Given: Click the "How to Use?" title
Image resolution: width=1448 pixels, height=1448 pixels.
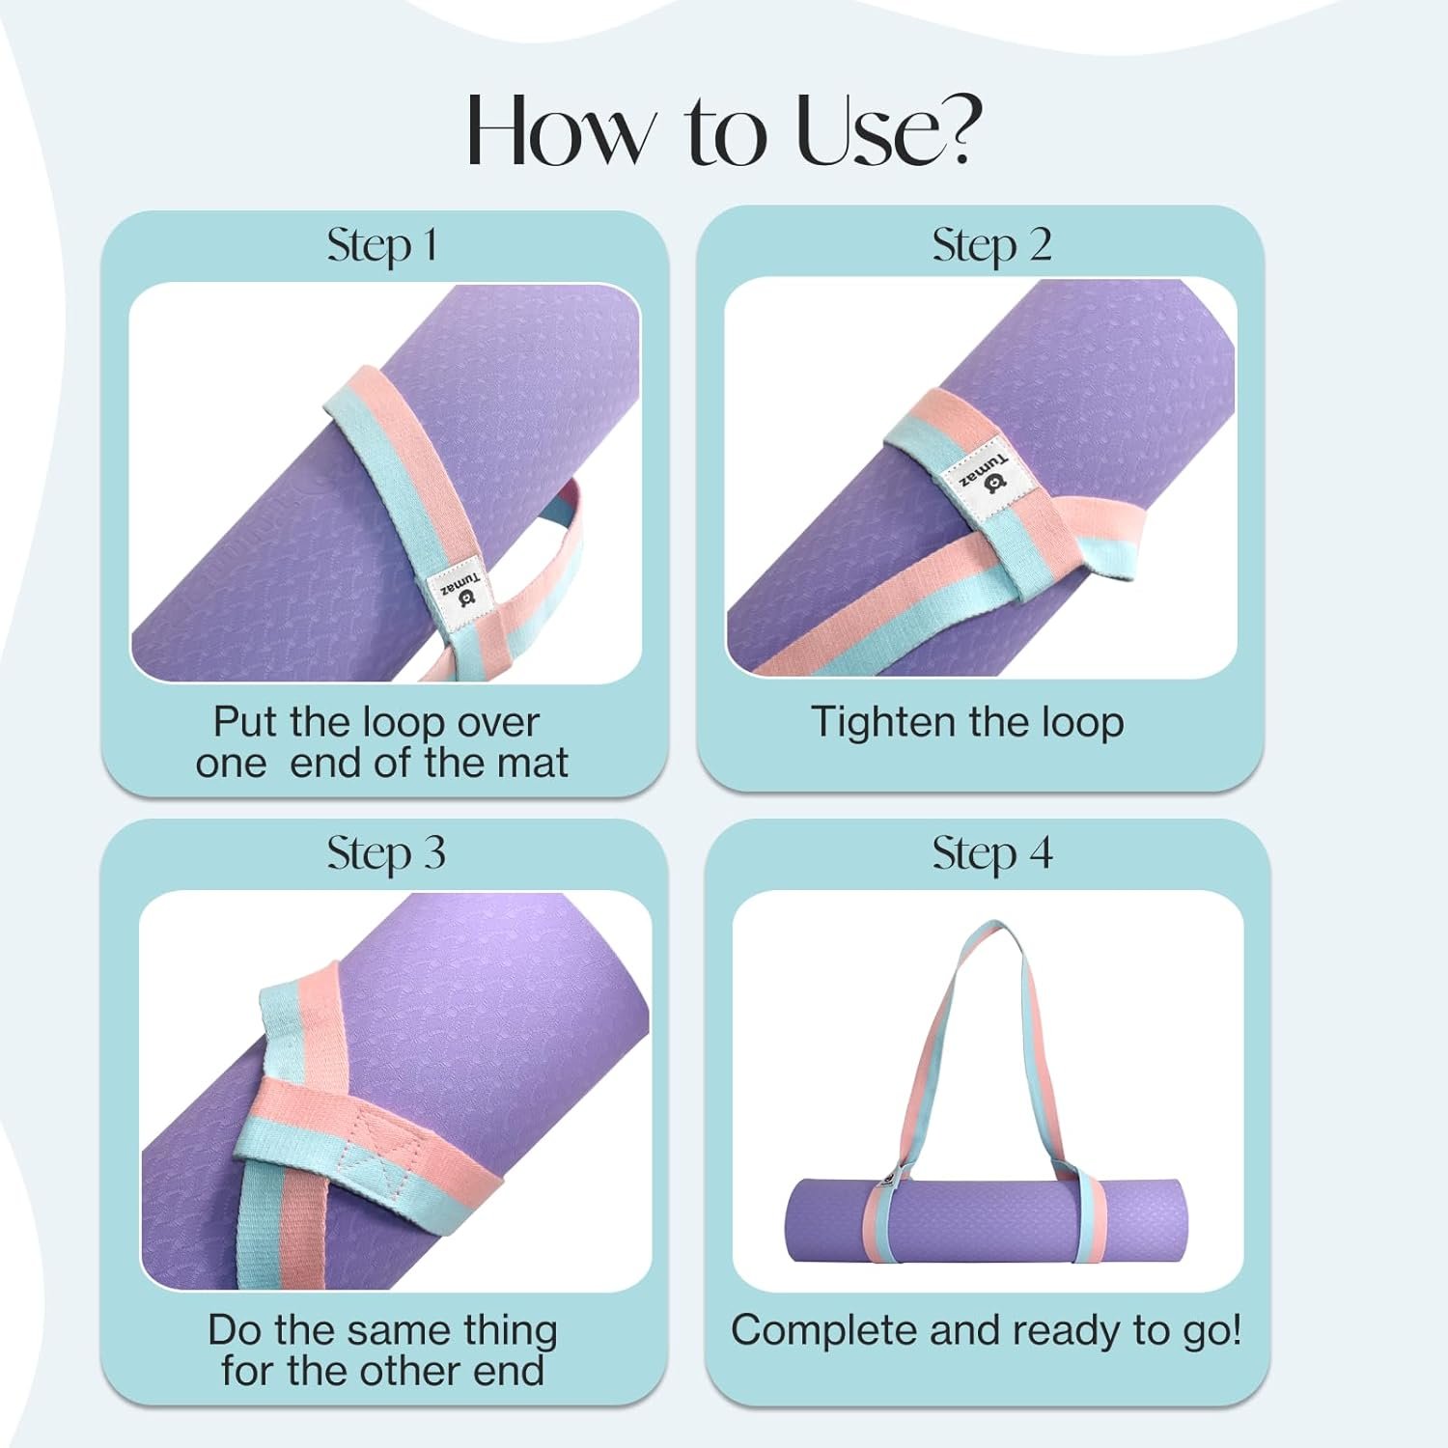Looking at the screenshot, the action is [x=724, y=130].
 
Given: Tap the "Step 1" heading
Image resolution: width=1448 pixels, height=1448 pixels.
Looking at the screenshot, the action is [x=382, y=245].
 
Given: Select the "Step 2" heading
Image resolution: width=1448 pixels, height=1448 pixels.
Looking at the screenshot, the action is [x=991, y=245].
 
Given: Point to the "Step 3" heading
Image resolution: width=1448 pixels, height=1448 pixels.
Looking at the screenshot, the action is [x=386, y=853].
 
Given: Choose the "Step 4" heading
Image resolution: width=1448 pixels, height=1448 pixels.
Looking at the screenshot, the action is [x=992, y=853].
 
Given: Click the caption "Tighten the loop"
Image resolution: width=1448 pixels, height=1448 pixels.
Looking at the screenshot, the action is [x=967, y=722].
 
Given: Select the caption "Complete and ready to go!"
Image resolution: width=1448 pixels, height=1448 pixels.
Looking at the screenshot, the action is [x=987, y=1330].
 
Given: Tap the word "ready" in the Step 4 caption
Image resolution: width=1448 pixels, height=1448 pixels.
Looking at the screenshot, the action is [x=1068, y=1332].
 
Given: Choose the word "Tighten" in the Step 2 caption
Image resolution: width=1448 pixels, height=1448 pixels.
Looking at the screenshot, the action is [x=882, y=722].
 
